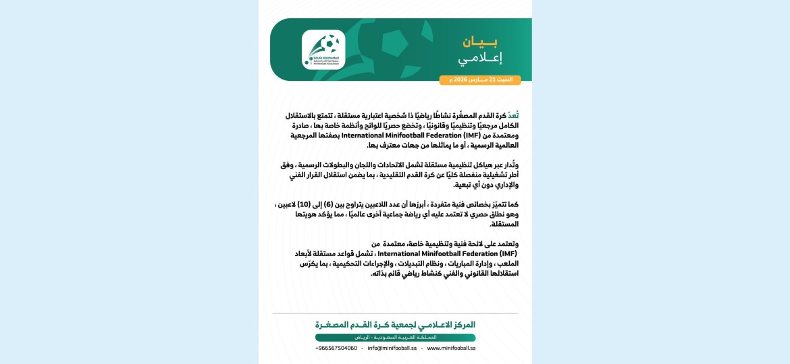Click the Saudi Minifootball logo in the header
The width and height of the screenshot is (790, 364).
pos(323,49)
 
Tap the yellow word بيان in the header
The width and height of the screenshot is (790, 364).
pos(480,42)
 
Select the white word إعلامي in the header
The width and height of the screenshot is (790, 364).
pos(480,59)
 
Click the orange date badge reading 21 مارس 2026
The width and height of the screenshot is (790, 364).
pos(480,80)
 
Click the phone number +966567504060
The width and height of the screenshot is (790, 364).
pos(336,348)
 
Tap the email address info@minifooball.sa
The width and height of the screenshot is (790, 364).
pos(392,348)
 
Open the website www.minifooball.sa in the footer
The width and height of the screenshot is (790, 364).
pos(451,348)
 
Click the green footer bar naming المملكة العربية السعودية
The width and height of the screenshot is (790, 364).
pos(395,337)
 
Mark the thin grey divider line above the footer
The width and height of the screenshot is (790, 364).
pos(395,313)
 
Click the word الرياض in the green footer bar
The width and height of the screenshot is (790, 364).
pos(365,337)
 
